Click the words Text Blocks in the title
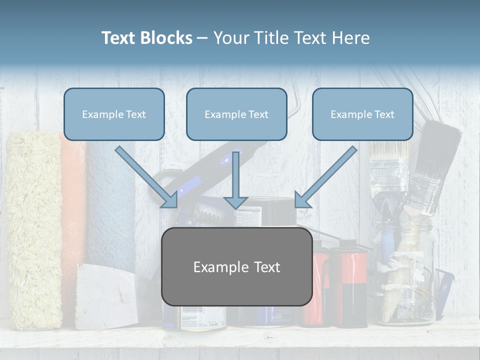pyautogui.click(x=146, y=38)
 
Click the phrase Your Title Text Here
pyautogui.click(x=291, y=38)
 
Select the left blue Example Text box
pyautogui.click(x=114, y=114)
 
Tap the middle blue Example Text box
pyautogui.click(x=236, y=114)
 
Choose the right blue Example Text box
pyautogui.click(x=362, y=114)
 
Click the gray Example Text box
pyautogui.click(x=236, y=266)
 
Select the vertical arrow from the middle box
pyautogui.click(x=235, y=180)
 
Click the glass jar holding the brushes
pyautogui.click(x=405, y=280)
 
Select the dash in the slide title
pyautogui.click(x=202, y=38)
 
